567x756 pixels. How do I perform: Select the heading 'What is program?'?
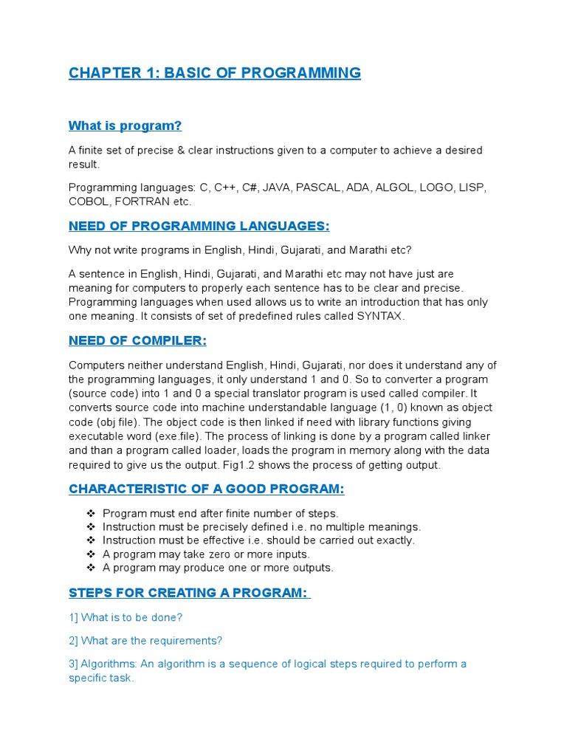point(125,126)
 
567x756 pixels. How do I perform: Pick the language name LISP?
point(471,188)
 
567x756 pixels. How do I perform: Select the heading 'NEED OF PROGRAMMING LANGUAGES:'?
point(199,226)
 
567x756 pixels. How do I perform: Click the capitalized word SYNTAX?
point(380,316)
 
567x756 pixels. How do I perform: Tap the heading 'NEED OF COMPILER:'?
point(137,340)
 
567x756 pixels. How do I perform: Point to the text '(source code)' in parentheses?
point(100,394)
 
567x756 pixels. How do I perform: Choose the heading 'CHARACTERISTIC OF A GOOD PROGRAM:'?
point(206,489)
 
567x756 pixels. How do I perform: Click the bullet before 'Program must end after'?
point(91,513)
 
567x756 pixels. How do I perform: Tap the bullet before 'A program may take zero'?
point(91,554)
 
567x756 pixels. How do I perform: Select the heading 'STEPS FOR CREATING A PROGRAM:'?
point(189,593)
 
